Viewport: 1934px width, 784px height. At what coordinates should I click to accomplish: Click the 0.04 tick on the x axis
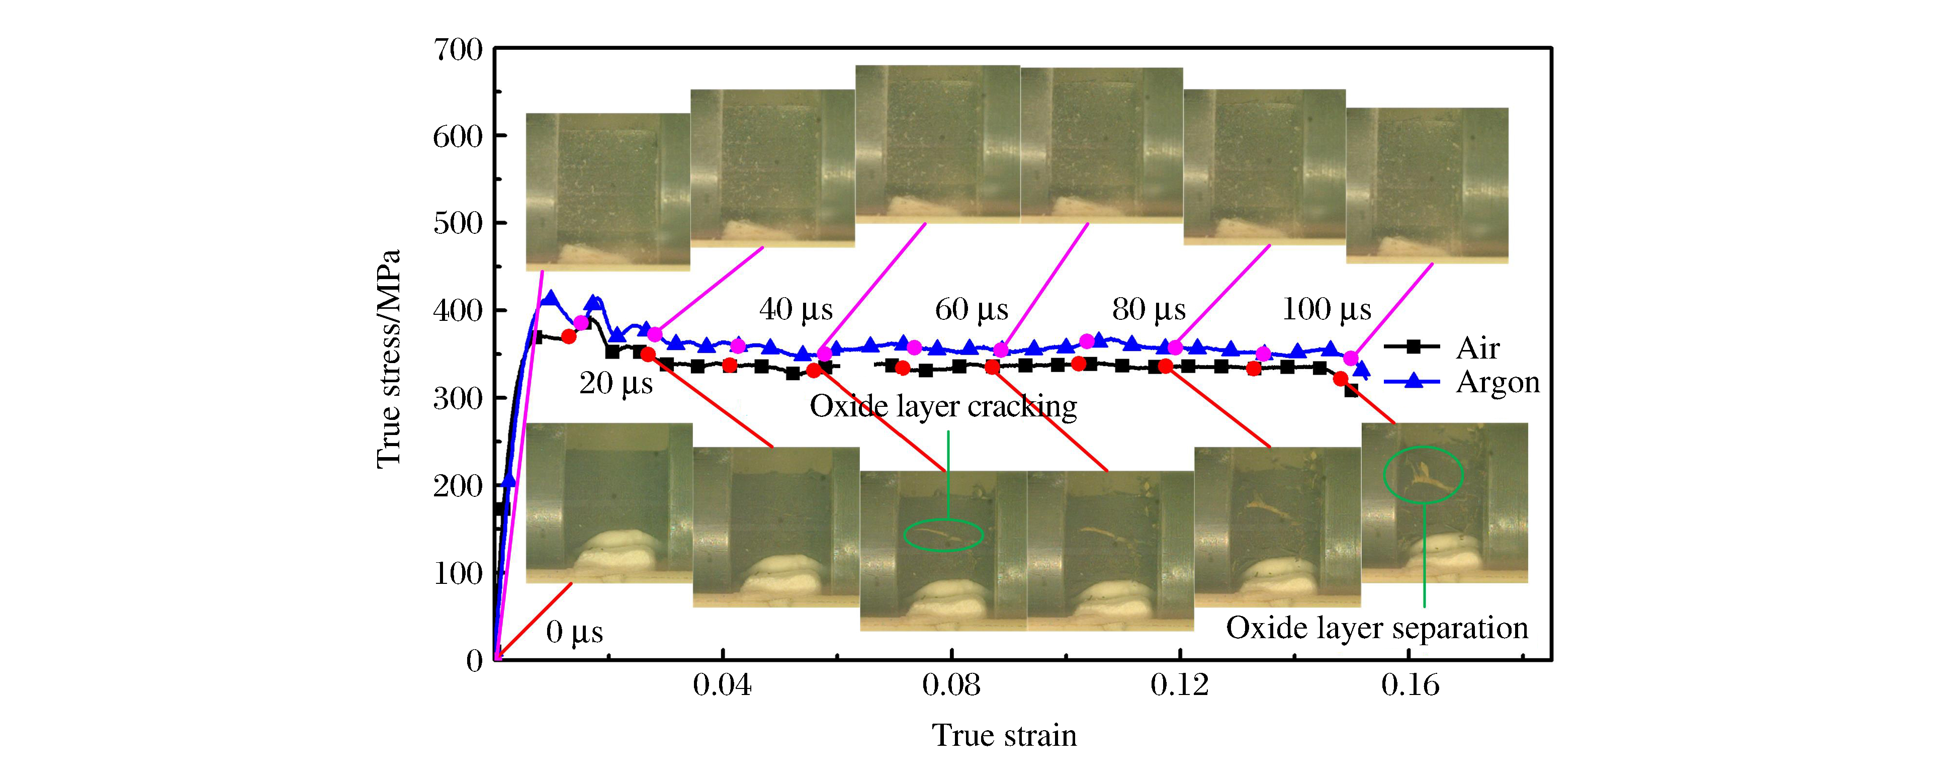[x=722, y=685]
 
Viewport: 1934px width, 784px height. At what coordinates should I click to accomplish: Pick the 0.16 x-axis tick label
[x=1410, y=685]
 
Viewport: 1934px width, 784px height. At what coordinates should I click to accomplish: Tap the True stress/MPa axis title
[x=389, y=359]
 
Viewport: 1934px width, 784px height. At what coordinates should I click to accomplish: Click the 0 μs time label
[x=574, y=632]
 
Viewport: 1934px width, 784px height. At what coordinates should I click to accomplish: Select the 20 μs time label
[x=616, y=384]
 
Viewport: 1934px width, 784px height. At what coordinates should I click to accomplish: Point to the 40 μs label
[x=796, y=309]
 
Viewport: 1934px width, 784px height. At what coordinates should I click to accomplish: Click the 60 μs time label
[x=972, y=309]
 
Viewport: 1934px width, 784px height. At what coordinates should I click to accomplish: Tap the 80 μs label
[x=1149, y=309]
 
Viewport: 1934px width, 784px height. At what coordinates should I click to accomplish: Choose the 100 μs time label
[x=1326, y=309]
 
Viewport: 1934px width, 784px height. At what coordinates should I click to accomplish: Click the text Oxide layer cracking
[x=943, y=406]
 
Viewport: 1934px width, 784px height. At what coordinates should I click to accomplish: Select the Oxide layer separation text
[x=1377, y=628]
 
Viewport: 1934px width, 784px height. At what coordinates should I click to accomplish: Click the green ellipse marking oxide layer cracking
[x=943, y=535]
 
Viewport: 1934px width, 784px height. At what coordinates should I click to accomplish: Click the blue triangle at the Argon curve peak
[x=551, y=299]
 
